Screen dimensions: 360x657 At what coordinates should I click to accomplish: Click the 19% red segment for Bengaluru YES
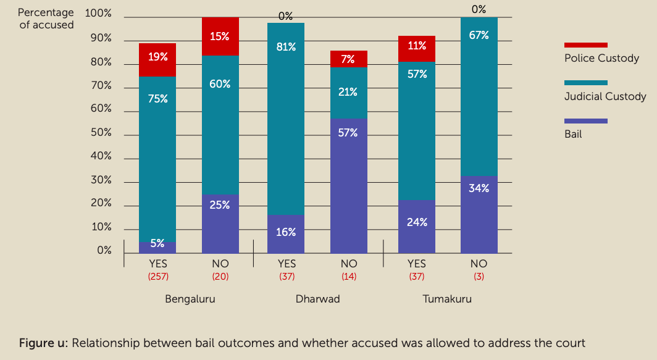click(x=157, y=59)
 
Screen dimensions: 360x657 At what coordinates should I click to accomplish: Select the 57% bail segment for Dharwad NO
click(x=349, y=185)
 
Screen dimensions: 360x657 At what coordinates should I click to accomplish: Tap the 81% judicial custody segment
click(x=286, y=119)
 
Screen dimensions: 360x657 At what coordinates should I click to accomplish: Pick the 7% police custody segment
click(x=349, y=59)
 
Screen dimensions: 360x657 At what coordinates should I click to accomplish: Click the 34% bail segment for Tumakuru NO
click(x=479, y=214)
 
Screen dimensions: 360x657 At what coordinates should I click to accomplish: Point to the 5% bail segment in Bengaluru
click(x=157, y=246)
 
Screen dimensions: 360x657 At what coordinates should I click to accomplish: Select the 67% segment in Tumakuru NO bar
click(x=479, y=96)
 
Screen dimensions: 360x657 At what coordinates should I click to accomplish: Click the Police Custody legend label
click(x=601, y=58)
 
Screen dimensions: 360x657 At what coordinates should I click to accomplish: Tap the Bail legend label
click(x=573, y=133)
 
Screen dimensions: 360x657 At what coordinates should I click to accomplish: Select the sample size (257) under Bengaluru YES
click(x=157, y=277)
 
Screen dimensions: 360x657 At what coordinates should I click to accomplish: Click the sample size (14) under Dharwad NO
click(x=349, y=277)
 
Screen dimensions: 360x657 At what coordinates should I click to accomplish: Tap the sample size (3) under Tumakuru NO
click(x=479, y=277)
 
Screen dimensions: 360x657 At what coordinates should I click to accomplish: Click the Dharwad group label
click(x=317, y=299)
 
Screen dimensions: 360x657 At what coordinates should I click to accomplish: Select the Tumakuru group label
click(x=447, y=299)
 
